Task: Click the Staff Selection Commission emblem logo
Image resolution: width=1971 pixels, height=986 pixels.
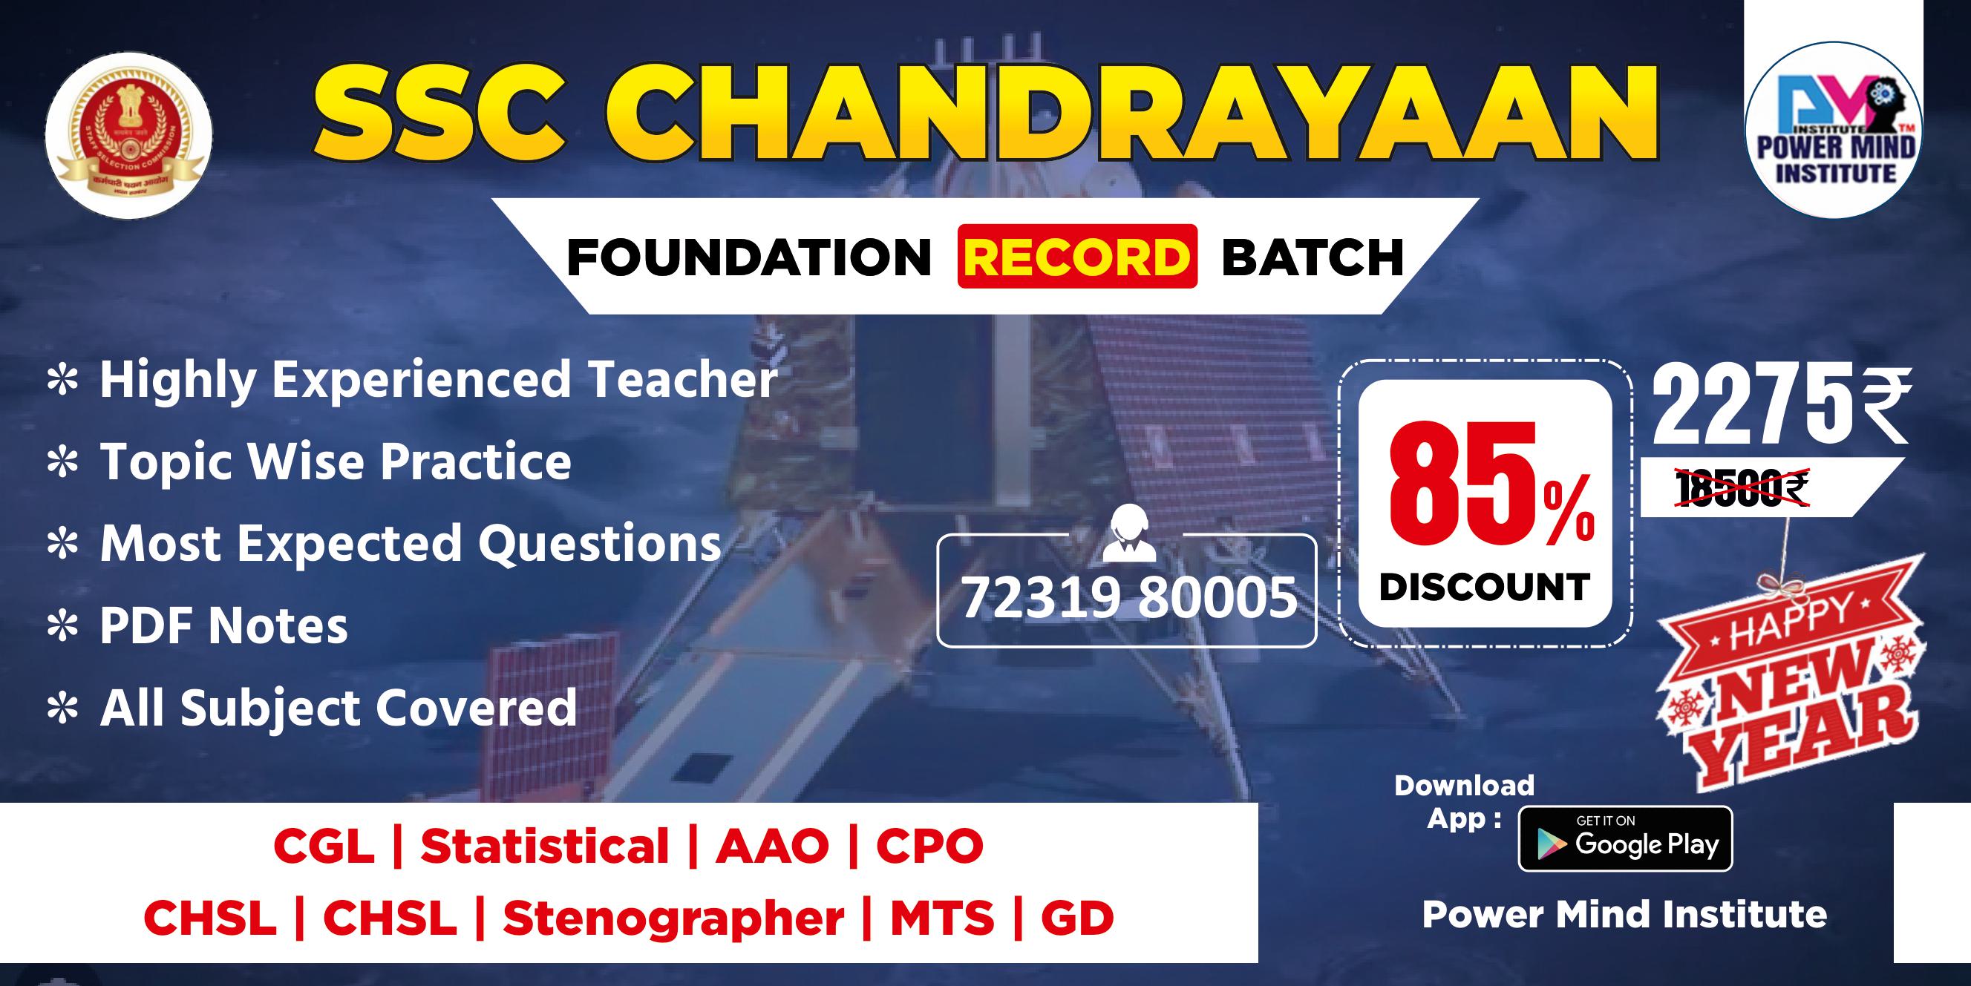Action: tap(128, 135)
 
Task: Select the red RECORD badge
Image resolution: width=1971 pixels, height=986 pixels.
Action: tap(1076, 257)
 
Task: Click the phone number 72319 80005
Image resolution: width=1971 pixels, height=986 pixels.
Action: tap(1128, 597)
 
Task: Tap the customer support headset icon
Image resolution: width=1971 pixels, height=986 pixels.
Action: tap(1129, 533)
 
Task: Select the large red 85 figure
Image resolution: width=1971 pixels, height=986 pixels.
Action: tap(1462, 484)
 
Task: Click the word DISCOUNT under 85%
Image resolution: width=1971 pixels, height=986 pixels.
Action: tap(1484, 588)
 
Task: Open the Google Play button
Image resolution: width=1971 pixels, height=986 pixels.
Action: tap(1625, 839)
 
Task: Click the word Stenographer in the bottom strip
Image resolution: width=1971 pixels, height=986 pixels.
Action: tap(673, 918)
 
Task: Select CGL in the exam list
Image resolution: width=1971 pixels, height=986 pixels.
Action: tap(324, 847)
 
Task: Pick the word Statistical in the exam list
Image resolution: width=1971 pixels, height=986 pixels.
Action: tap(545, 847)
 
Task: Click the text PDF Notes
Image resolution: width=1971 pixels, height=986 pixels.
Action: tap(223, 625)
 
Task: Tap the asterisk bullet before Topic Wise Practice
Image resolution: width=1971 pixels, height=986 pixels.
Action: tap(63, 464)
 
